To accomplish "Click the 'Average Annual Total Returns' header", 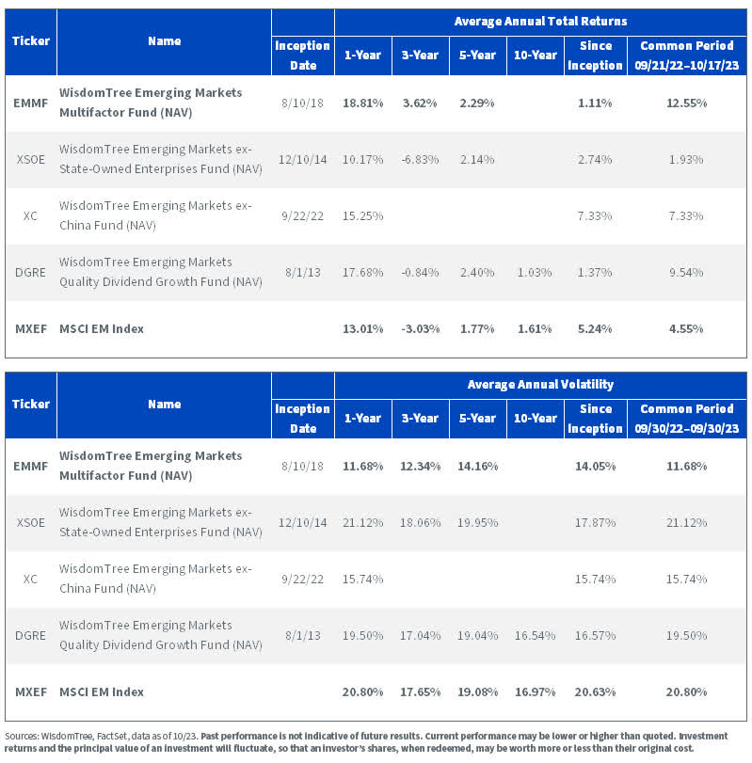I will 540,21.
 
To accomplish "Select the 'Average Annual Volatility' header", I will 540,384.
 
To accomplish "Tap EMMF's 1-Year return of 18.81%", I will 363,102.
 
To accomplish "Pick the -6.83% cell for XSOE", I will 420,159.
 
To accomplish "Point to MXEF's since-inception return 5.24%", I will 594,328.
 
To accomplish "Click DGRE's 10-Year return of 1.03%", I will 534,272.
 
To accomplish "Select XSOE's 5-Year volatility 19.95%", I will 477,522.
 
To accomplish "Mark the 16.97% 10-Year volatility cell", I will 534,691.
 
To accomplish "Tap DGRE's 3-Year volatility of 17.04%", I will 420,635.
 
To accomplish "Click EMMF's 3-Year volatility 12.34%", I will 420,465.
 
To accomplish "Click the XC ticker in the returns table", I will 31,215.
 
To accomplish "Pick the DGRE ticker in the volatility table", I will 31,635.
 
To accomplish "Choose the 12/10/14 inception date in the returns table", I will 302,159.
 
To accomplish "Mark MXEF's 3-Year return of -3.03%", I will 420,328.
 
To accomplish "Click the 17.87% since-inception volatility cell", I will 594,522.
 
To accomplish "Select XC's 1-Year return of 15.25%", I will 363,215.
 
